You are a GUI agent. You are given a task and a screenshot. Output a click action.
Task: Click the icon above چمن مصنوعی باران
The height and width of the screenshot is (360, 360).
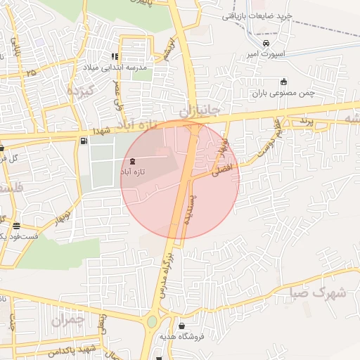(283, 81)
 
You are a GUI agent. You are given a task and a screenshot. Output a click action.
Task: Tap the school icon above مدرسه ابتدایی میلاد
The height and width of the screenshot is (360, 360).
(115, 56)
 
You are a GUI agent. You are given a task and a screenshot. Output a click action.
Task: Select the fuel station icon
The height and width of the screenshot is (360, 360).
(84, 141)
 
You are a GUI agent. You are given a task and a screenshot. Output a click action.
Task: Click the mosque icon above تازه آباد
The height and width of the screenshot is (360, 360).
(134, 161)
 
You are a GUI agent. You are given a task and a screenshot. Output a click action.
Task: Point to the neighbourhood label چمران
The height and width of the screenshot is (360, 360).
(68, 321)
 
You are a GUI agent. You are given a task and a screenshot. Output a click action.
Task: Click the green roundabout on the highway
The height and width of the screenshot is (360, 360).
(152, 323)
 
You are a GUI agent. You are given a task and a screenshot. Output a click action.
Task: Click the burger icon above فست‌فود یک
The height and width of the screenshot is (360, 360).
(15, 226)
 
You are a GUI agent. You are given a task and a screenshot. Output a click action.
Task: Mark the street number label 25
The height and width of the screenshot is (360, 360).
(30, 72)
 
